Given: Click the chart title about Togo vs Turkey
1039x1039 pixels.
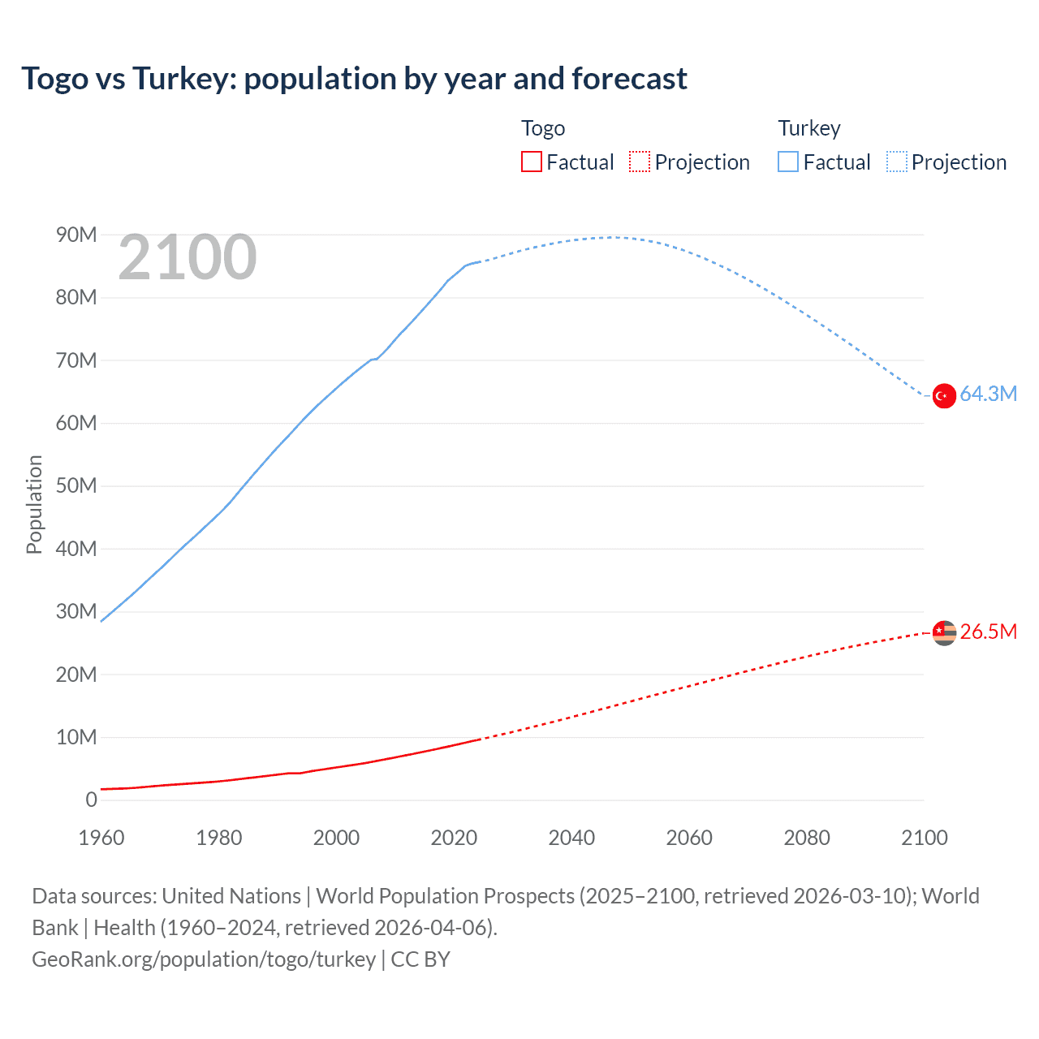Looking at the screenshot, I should pyautogui.click(x=354, y=79).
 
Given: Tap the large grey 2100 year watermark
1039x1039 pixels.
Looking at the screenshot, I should pyautogui.click(x=188, y=258).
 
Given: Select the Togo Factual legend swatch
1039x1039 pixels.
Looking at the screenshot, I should pyautogui.click(x=531, y=162).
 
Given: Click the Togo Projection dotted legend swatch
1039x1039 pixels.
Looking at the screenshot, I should pyautogui.click(x=640, y=162).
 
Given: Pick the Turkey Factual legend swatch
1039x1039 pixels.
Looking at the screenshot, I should pyautogui.click(x=788, y=162).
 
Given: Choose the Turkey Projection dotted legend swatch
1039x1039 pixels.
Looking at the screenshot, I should pyautogui.click(x=896, y=162).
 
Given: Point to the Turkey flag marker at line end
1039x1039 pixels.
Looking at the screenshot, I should pyautogui.click(x=944, y=396).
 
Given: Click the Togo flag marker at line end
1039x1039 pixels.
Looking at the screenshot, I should pyautogui.click(x=944, y=632).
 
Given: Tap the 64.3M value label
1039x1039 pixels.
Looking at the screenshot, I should pyautogui.click(x=988, y=394).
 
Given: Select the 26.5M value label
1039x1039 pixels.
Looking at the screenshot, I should pyautogui.click(x=988, y=632).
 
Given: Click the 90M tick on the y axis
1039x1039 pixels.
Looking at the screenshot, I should pyautogui.click(x=76, y=235).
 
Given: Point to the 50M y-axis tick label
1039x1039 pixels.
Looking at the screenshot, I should pyautogui.click(x=76, y=486).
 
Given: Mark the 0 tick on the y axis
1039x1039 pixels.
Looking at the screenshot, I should pyautogui.click(x=91, y=800).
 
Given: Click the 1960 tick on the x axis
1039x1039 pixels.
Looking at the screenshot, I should pyautogui.click(x=101, y=838).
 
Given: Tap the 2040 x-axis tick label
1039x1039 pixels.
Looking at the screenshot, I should pyautogui.click(x=571, y=838).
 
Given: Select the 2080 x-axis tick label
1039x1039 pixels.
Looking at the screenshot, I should pyautogui.click(x=807, y=838).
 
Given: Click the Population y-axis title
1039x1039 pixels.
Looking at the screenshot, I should pyautogui.click(x=34, y=504).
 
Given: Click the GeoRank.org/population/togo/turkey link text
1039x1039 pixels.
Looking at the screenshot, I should pyautogui.click(x=204, y=959).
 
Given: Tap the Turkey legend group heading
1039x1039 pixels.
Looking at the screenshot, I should pyautogui.click(x=809, y=128).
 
